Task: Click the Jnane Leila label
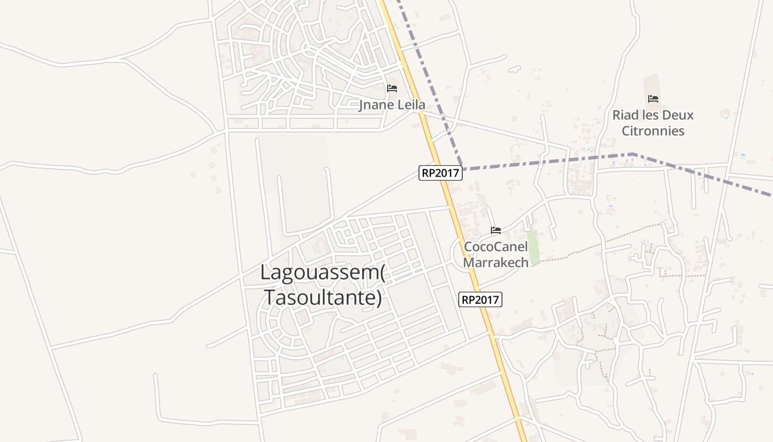pos(392,104)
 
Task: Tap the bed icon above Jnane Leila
pos(392,88)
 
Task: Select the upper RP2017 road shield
pos(440,173)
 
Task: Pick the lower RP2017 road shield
pos(480,300)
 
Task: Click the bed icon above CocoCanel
pos(496,230)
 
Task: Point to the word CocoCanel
pos(496,246)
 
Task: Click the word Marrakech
pos(496,262)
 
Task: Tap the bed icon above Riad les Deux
pos(653,99)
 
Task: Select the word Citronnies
pos(653,131)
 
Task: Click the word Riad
pos(626,115)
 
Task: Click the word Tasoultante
pos(320,297)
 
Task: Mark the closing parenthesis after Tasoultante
pos(379,298)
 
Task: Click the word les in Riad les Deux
pos(650,115)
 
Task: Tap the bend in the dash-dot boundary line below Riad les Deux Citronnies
pos(633,154)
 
